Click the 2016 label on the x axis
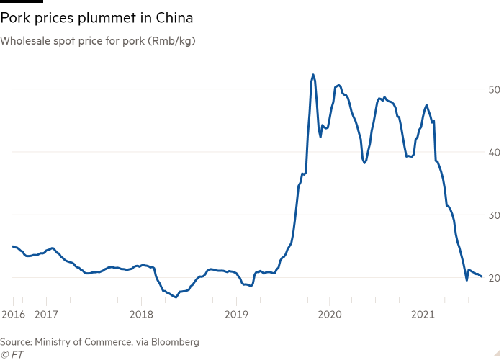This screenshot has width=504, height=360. (x=12, y=314)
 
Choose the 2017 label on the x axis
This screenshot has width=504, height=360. (x=47, y=314)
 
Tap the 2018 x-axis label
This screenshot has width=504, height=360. (x=141, y=314)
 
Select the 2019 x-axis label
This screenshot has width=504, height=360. (x=236, y=314)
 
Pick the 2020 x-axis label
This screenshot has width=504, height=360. (x=329, y=314)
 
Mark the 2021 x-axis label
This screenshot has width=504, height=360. (x=423, y=314)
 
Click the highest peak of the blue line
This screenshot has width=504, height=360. (x=312, y=74)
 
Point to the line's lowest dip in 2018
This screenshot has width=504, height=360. (x=176, y=297)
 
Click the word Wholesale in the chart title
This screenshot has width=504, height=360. (x=24, y=41)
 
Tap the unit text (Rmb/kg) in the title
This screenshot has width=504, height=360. (x=173, y=41)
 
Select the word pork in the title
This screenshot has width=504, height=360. (x=135, y=41)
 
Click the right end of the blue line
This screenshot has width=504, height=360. (x=482, y=277)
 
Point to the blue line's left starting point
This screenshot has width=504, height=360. (x=12, y=246)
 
